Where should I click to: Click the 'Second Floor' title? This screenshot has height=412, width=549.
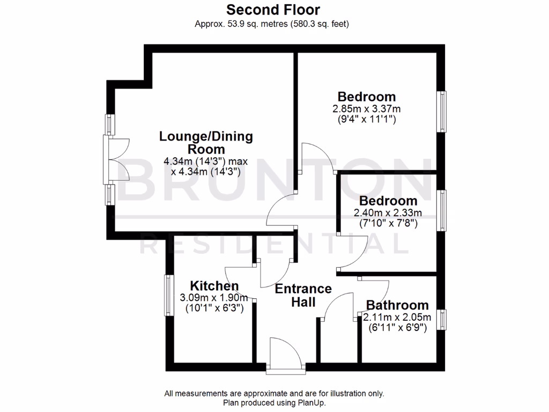[x=273, y=10]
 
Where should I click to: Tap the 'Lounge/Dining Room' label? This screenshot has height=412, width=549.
[x=206, y=142]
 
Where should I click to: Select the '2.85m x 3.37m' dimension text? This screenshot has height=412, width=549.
[x=367, y=109]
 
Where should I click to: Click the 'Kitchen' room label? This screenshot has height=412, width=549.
[x=214, y=286]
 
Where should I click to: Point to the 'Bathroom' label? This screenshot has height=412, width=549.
[x=397, y=305]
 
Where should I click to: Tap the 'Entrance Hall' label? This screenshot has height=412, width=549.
[x=303, y=295]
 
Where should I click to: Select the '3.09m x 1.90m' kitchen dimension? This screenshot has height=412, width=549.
[x=214, y=298]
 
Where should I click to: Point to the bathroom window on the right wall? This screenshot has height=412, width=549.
[x=443, y=320]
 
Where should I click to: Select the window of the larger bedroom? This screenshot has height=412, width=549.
[x=443, y=112]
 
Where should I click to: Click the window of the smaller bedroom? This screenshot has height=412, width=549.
[x=443, y=210]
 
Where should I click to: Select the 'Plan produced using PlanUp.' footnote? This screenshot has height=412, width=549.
[x=274, y=402]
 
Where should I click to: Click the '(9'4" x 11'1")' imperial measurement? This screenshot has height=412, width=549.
[x=367, y=120]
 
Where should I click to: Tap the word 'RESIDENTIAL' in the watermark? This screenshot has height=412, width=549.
[x=273, y=245]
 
